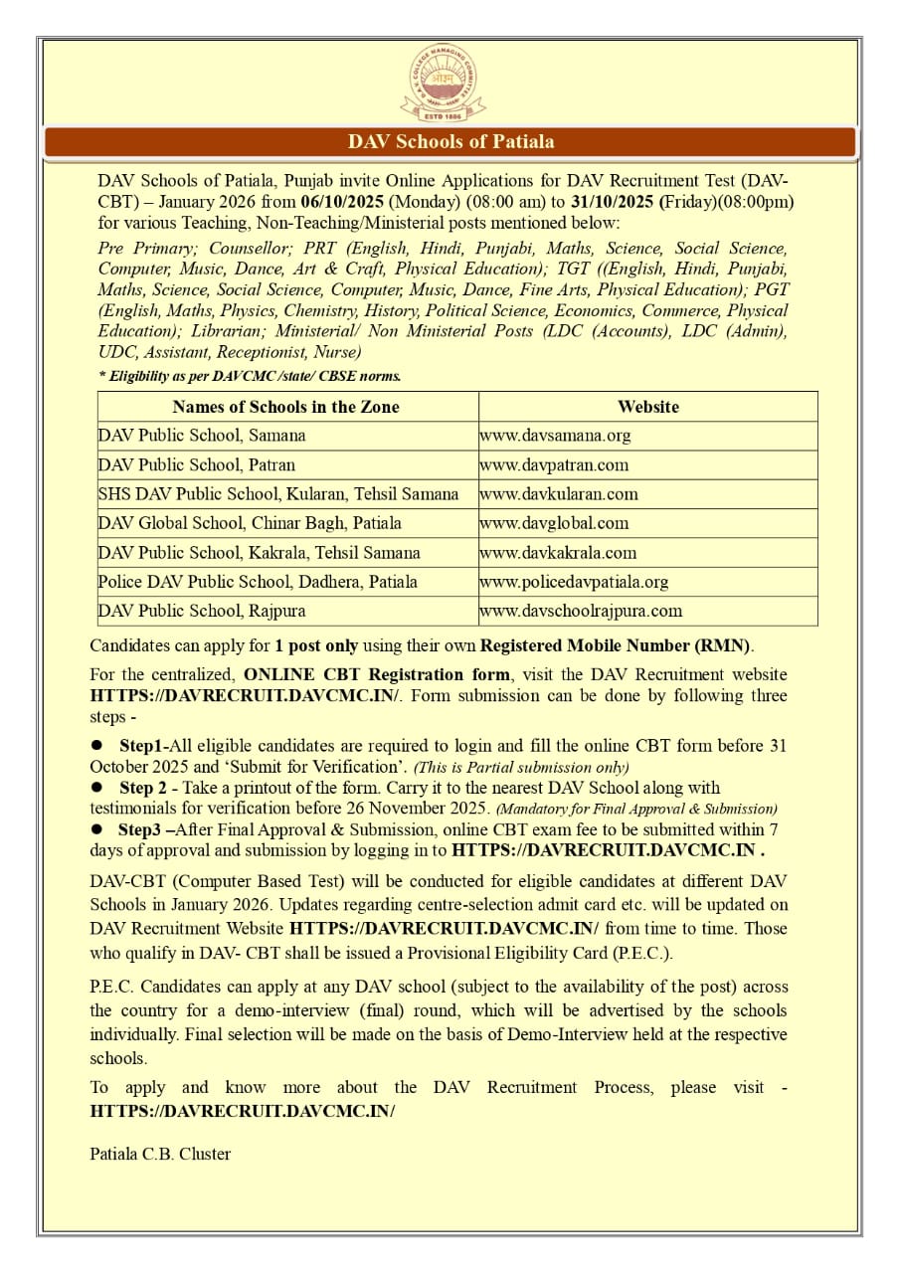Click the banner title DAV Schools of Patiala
click(450, 141)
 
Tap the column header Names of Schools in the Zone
click(285, 407)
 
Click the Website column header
click(647, 407)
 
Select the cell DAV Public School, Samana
click(202, 436)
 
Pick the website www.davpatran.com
click(554, 464)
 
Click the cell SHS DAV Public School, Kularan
click(278, 494)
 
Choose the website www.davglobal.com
click(554, 523)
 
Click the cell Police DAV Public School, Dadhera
click(258, 582)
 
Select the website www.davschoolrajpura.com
click(581, 611)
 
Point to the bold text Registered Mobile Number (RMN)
click(617, 645)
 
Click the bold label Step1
click(141, 745)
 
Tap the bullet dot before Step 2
click(97, 788)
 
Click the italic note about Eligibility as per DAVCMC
click(250, 376)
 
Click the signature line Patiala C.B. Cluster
click(160, 1155)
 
